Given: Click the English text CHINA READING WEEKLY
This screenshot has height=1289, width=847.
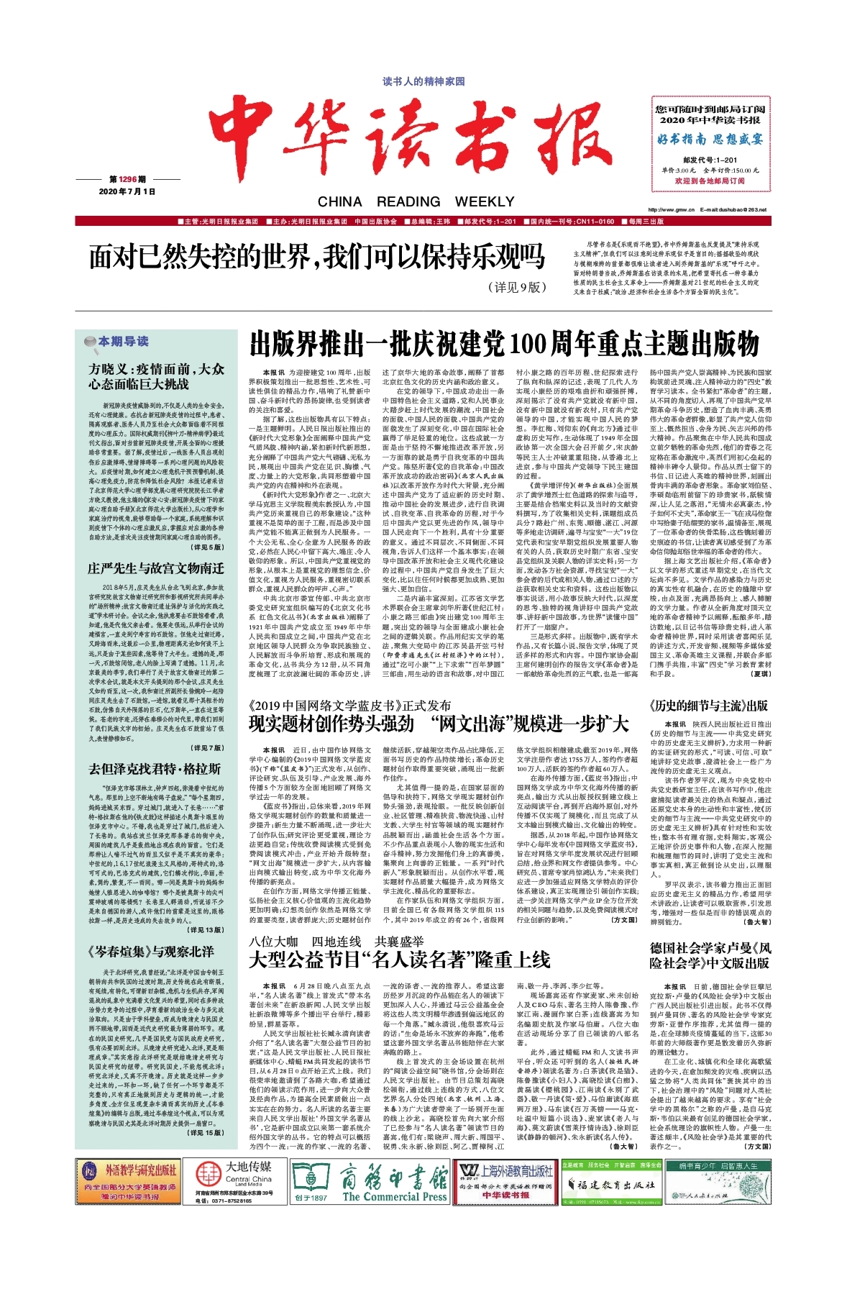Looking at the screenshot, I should (x=416, y=201).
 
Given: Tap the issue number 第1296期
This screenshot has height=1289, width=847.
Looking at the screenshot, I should (x=127, y=179).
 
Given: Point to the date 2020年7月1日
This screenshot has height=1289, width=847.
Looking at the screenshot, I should (x=127, y=191).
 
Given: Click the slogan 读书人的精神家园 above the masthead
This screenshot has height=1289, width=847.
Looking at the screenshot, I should (x=423, y=81).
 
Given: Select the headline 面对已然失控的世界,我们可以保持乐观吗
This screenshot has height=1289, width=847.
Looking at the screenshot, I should (x=317, y=257).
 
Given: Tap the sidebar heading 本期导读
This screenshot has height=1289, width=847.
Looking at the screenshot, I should (x=123, y=341).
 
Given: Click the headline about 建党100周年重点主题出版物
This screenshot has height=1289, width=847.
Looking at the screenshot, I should (x=504, y=344).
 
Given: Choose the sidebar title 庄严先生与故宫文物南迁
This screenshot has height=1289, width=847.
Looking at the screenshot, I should (x=155, y=568).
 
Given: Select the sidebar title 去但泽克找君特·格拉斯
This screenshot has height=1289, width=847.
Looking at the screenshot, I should (x=154, y=769).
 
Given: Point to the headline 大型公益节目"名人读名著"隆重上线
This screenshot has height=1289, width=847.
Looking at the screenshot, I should (x=399, y=960).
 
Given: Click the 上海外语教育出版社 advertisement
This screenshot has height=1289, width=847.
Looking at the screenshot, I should (x=506, y=1183).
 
